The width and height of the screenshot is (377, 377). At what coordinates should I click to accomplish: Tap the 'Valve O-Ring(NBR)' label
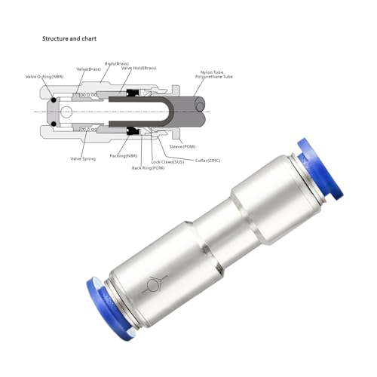(x=45, y=77)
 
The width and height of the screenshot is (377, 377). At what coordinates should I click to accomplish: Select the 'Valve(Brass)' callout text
(x=88, y=69)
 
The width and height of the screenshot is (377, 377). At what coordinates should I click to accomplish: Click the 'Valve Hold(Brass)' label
(x=139, y=69)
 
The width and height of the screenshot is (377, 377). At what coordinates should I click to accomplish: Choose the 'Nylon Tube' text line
(x=217, y=70)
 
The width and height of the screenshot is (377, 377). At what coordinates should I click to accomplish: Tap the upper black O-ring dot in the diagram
(x=54, y=100)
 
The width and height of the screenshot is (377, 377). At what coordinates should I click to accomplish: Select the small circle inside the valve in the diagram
(x=66, y=112)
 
